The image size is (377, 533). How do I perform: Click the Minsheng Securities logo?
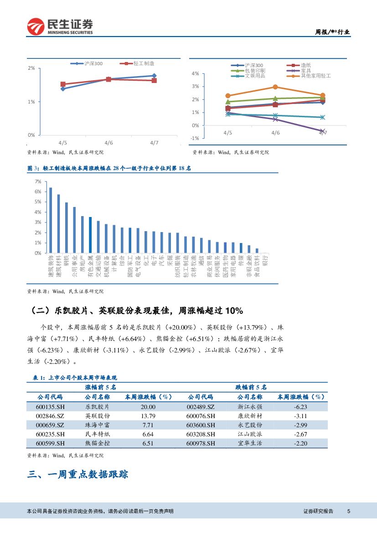(60, 27)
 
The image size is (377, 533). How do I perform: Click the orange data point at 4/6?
(275, 87)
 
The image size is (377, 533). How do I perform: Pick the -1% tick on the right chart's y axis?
(195, 138)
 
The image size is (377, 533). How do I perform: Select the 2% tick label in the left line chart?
(31, 68)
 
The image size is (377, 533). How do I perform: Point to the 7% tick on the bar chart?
(38, 181)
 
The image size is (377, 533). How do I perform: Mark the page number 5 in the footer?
(348, 511)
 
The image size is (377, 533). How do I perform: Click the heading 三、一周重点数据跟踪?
(77, 475)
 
